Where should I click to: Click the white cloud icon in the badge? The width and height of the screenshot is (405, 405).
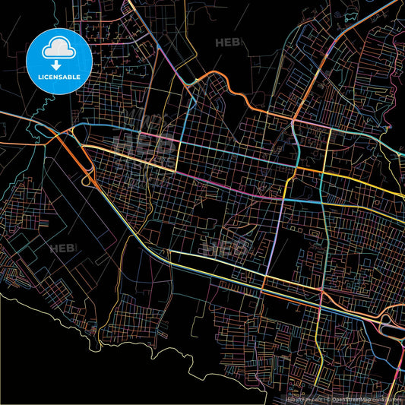coord(59,49)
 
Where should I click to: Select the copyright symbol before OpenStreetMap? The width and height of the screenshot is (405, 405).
coord(327,398)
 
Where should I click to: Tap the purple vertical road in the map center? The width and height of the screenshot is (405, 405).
coord(274,228)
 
